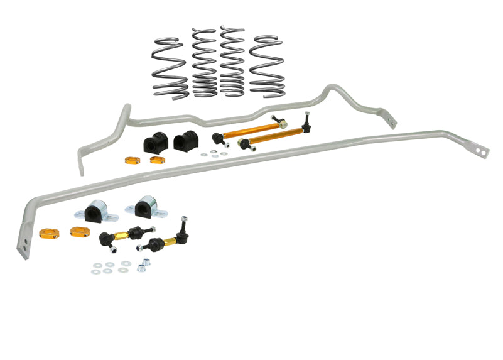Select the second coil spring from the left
[204, 63]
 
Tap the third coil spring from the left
[233, 61]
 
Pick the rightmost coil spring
[266, 65]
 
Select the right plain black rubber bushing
[185, 141]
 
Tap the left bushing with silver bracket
[97, 212]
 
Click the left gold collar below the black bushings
[133, 160]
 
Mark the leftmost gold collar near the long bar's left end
[48, 234]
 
